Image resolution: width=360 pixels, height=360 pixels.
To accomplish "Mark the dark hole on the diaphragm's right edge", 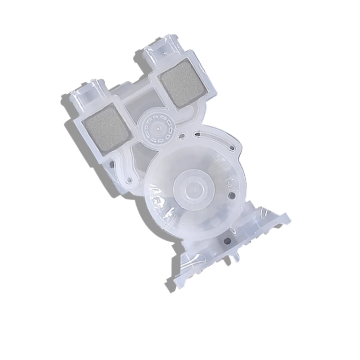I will coord(235,196).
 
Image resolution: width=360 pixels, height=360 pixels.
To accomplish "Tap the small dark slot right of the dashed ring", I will coord(181,136).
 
